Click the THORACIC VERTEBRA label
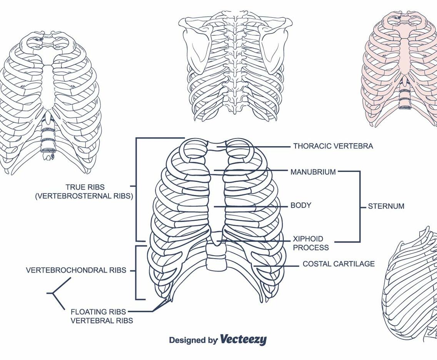pos(333,146)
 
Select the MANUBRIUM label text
pos(313,172)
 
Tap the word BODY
pos(300,205)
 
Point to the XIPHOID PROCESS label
pos(310,243)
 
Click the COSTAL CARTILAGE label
pos(338,264)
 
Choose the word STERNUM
pos(386,206)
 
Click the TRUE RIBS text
pos(85,187)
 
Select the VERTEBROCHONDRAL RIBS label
pos(76,270)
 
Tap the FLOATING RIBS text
pos(98,312)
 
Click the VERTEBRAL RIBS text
pos(102,320)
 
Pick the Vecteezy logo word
pos(243,340)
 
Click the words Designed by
pos(193,340)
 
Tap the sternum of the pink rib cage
pos(405,54)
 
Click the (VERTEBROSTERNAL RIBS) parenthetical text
pos(84,196)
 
